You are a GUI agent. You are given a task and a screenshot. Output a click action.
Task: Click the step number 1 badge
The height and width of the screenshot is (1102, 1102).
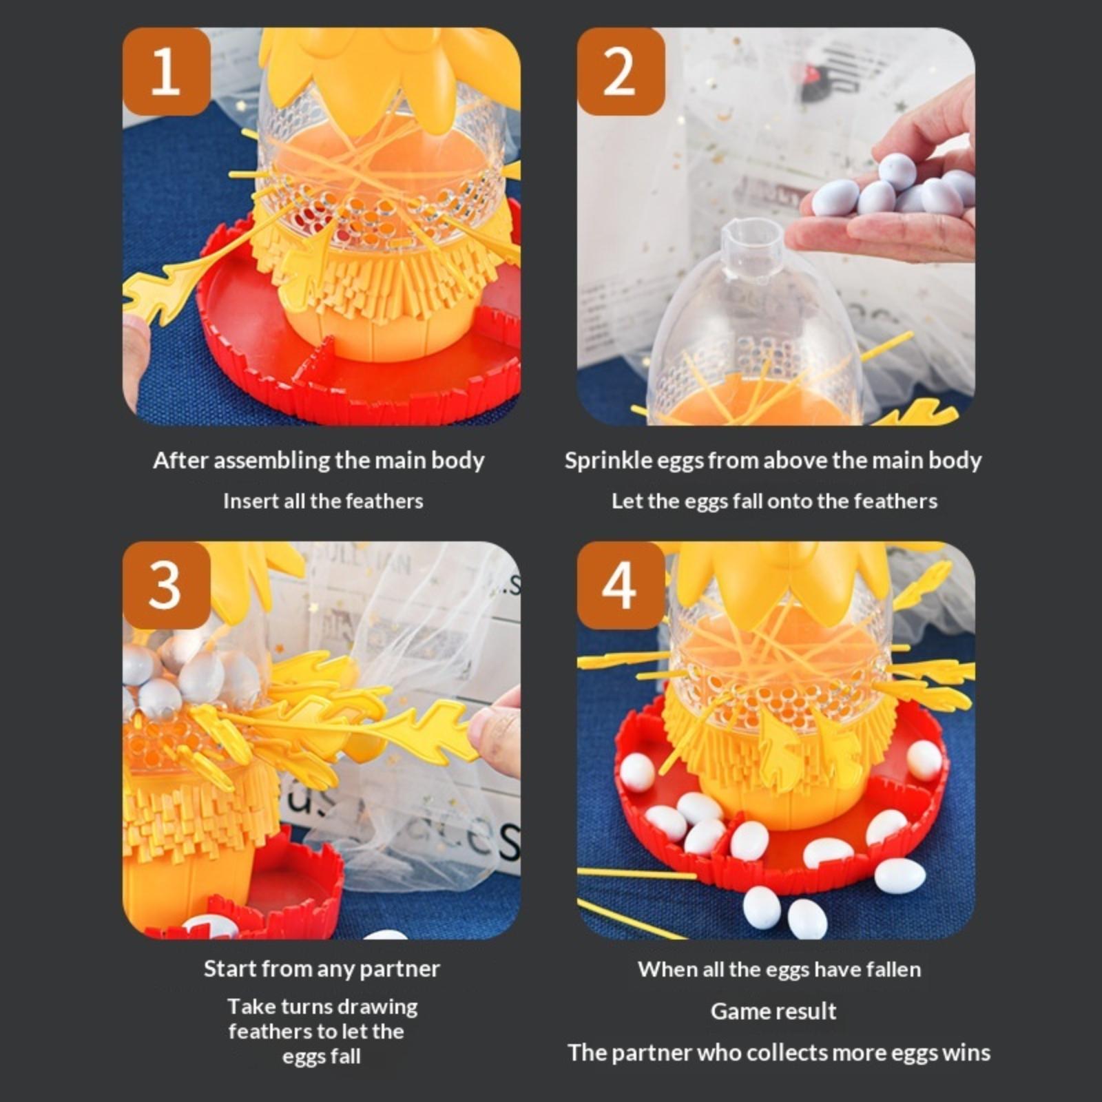tap(166, 71)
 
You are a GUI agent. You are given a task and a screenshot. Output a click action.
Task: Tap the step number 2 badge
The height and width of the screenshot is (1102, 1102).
tap(621, 71)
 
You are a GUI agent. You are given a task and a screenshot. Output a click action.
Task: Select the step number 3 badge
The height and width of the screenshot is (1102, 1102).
tap(166, 585)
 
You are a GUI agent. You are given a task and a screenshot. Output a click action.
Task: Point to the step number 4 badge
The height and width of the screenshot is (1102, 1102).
tap(621, 585)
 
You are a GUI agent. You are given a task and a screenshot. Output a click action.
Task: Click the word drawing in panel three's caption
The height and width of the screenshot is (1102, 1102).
tap(383, 1007)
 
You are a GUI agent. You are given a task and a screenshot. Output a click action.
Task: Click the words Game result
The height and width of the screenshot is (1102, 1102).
tap(773, 1011)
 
